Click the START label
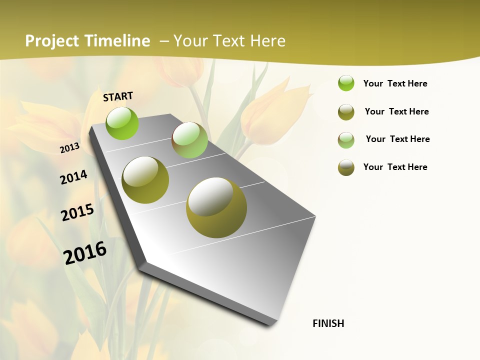pos(118,96)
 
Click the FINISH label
pos(328,323)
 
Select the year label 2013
pos(70,147)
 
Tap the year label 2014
pos(73,177)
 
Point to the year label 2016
pos(85,252)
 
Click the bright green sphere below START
pos(122,123)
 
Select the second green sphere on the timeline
pos(189,140)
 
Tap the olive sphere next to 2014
pos(145,180)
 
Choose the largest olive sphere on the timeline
pos(216,207)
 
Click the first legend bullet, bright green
pos(346,83)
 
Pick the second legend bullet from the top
pos(346,112)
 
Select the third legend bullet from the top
pos(346,139)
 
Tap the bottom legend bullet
pos(346,167)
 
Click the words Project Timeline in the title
pos(87,41)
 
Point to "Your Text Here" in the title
pos(229,41)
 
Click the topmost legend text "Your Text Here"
pos(395,83)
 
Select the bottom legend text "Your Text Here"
pos(395,167)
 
